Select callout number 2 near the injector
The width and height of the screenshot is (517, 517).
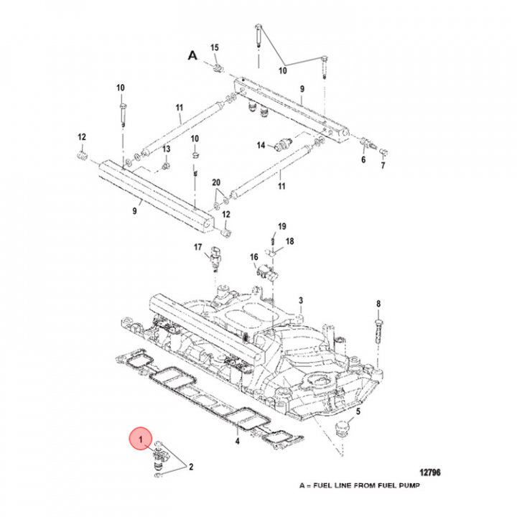[x=192, y=467]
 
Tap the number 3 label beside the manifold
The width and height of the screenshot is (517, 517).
[x=301, y=299]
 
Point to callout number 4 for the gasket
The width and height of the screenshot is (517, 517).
[x=238, y=441]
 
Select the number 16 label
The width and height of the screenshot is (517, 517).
[x=253, y=256]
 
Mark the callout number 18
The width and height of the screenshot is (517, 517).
[x=289, y=242]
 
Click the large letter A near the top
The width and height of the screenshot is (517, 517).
[x=192, y=55]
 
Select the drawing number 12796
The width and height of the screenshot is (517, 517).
[x=429, y=472]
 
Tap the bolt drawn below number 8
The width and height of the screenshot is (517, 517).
[x=379, y=330]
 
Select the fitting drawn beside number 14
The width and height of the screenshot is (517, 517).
[x=284, y=146]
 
